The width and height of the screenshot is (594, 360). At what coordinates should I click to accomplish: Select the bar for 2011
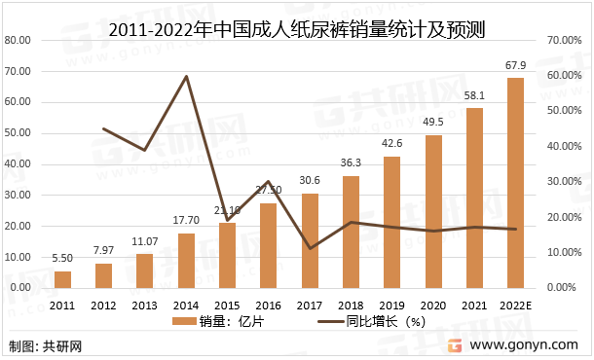click(x=62, y=279)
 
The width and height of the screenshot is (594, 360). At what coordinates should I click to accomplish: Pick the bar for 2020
click(x=433, y=211)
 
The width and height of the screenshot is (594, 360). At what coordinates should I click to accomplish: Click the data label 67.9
click(x=515, y=66)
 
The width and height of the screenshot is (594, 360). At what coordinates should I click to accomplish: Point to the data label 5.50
click(x=62, y=260)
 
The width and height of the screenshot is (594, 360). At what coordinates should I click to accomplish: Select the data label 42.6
click(x=391, y=144)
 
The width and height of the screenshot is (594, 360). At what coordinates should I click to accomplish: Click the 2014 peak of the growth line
click(x=186, y=76)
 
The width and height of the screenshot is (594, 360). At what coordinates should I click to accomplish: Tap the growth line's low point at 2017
click(x=310, y=248)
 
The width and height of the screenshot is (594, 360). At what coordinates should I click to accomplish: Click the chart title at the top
click(x=297, y=17)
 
